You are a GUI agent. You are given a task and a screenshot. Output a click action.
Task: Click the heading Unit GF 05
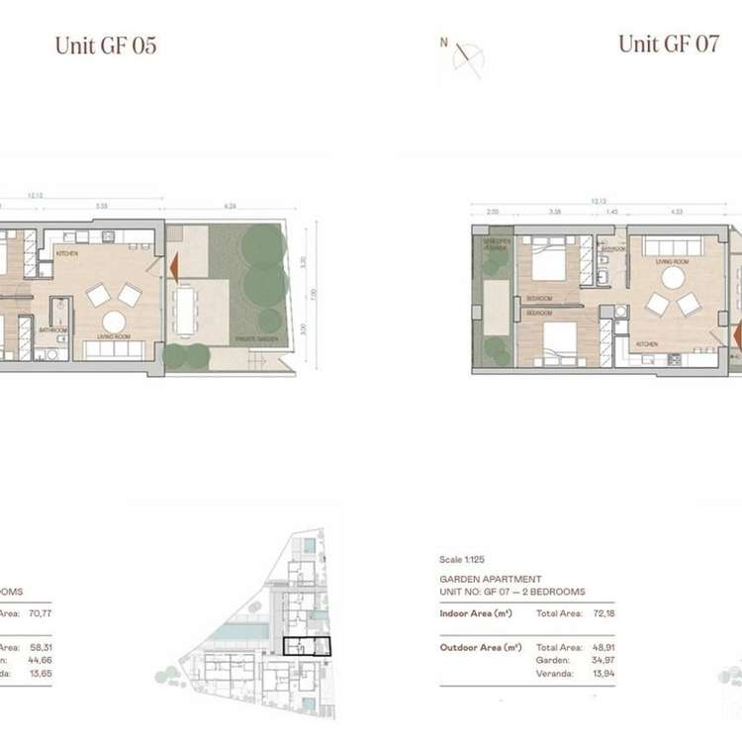106,46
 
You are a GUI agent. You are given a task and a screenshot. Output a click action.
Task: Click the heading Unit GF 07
668,45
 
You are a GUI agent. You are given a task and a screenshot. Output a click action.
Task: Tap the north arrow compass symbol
466,57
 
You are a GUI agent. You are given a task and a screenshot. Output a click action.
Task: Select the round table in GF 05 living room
114,323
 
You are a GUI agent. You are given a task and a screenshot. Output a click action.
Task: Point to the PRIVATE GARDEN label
254,337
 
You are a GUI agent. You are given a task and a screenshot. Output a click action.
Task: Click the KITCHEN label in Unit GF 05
66,254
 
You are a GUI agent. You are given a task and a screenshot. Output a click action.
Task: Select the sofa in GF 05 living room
114,349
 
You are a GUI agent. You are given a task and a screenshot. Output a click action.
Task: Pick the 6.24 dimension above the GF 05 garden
232,207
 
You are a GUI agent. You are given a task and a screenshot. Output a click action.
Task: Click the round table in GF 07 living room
673,278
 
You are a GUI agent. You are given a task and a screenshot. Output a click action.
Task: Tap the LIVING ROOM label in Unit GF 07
672,262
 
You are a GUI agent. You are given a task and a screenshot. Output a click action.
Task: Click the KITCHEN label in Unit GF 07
647,344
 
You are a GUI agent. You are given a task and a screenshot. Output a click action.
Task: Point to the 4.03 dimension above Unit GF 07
677,211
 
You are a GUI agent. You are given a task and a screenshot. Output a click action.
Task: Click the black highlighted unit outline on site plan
307,647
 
